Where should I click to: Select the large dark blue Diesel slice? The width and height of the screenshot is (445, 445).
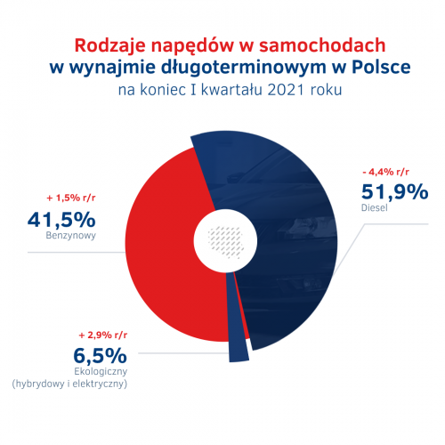coord(285,238)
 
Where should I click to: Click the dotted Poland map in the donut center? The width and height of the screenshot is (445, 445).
coord(226,242)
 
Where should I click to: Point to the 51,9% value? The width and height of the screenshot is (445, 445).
coord(395,191)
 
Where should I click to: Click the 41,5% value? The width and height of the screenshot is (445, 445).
coord(61,220)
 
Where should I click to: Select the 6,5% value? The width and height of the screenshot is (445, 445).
coord(101,355)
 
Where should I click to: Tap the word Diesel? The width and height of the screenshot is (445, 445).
coord(375,207)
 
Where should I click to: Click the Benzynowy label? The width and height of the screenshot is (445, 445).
coord(71,236)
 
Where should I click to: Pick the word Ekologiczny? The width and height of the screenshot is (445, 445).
coord(101,372)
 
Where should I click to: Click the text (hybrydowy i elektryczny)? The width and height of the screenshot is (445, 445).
coord(69,384)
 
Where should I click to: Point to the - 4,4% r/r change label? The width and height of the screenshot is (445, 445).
coord(385,172)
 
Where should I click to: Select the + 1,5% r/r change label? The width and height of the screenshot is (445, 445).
coord(71,198)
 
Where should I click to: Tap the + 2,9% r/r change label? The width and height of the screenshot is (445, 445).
coord(103,336)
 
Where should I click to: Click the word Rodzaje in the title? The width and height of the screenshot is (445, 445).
coord(110,46)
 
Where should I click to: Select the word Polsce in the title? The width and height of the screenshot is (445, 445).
coord(381,67)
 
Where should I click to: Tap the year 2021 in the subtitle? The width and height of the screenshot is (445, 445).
coord(286,90)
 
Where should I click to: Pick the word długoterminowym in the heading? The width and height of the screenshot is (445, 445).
coord(244,68)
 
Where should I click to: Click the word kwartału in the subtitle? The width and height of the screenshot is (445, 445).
coord(231,90)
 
